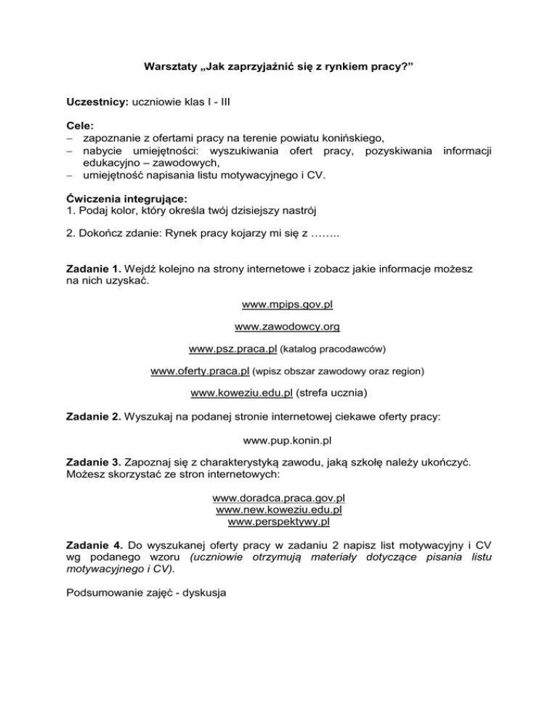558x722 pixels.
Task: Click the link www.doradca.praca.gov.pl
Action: (279, 498)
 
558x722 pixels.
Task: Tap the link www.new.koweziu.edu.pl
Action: (279, 510)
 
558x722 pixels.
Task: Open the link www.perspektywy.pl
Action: (279, 522)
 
